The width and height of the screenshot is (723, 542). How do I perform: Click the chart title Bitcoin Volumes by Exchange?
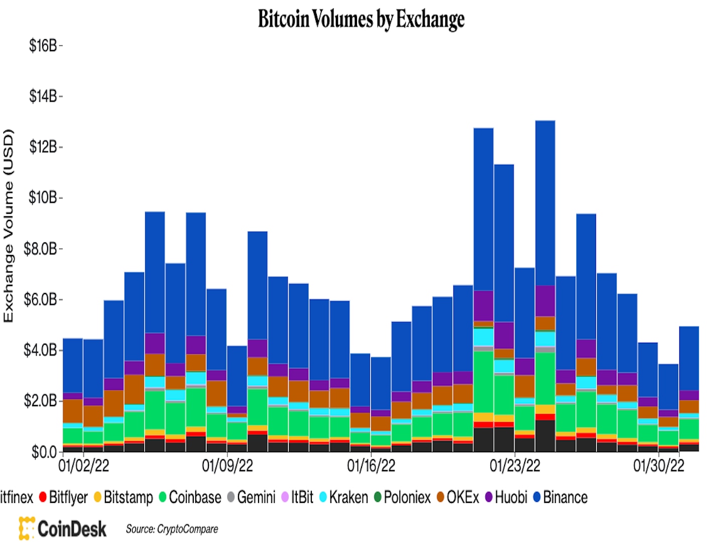tap(361, 19)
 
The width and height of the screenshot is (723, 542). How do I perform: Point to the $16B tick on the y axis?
tap(43, 46)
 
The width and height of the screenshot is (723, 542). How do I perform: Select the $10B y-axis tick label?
tap(43, 198)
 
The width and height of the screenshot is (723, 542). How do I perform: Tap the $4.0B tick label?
tap(40, 350)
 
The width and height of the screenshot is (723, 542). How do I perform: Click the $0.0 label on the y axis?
tap(44, 452)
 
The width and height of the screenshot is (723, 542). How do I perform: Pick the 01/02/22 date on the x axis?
tap(83, 466)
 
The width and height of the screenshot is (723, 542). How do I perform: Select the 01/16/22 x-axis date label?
tap(371, 466)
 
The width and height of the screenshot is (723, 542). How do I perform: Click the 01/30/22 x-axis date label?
tap(658, 466)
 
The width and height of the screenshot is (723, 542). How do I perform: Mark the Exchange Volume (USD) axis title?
tap(9, 226)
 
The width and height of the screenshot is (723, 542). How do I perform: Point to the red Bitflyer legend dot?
tap(43, 497)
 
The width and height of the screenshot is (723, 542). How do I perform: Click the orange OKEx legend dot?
tap(440, 497)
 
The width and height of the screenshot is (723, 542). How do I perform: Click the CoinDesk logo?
tap(63, 528)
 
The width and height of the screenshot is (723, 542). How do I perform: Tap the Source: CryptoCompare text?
tap(172, 529)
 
